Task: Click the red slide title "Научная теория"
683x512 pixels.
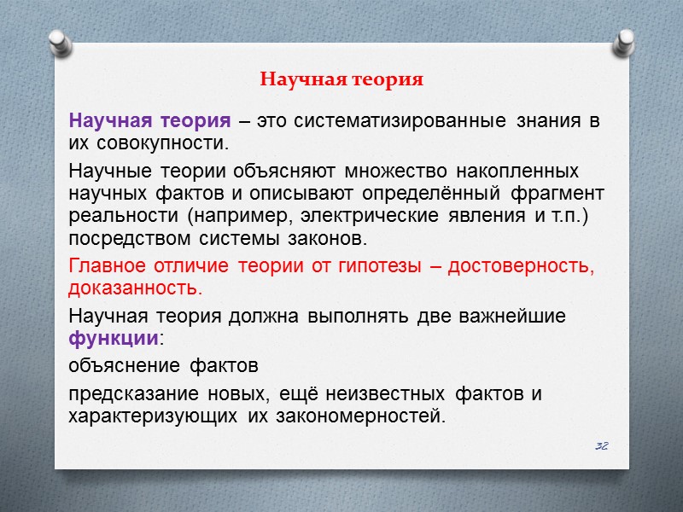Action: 341,80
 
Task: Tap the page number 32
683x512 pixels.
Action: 601,446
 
